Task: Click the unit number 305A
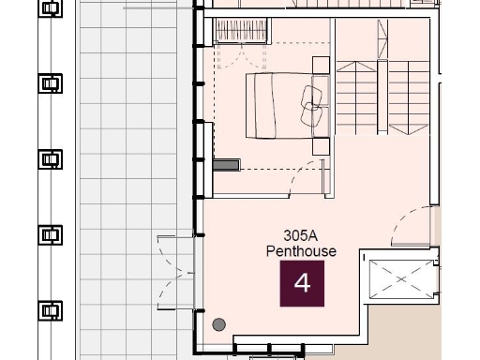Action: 302,237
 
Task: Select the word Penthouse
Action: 301,251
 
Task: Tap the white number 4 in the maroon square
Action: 302,283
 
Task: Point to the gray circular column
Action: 219,324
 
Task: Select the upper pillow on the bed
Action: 312,94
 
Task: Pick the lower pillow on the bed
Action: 313,116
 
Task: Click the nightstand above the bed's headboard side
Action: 322,65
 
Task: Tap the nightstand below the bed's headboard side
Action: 322,146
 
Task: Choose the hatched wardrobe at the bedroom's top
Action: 242,31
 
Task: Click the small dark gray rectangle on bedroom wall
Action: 226,165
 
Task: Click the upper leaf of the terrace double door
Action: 174,253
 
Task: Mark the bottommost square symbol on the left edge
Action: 50,309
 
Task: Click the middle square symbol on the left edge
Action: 50,158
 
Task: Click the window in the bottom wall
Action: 268,351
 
